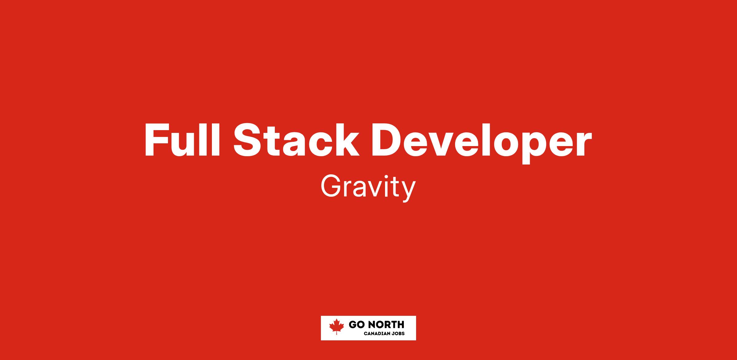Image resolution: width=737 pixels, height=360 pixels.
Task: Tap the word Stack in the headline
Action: (297, 140)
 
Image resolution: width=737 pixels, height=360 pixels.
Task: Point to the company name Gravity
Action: (368, 188)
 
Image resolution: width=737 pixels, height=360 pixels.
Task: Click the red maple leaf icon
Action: (337, 327)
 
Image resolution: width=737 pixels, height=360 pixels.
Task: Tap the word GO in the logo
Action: (356, 324)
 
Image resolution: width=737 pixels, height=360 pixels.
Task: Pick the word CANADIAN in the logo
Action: (377, 334)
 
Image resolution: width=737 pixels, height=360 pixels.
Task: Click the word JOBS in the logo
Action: (399, 334)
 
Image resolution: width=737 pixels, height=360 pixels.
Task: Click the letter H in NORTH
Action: (401, 324)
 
